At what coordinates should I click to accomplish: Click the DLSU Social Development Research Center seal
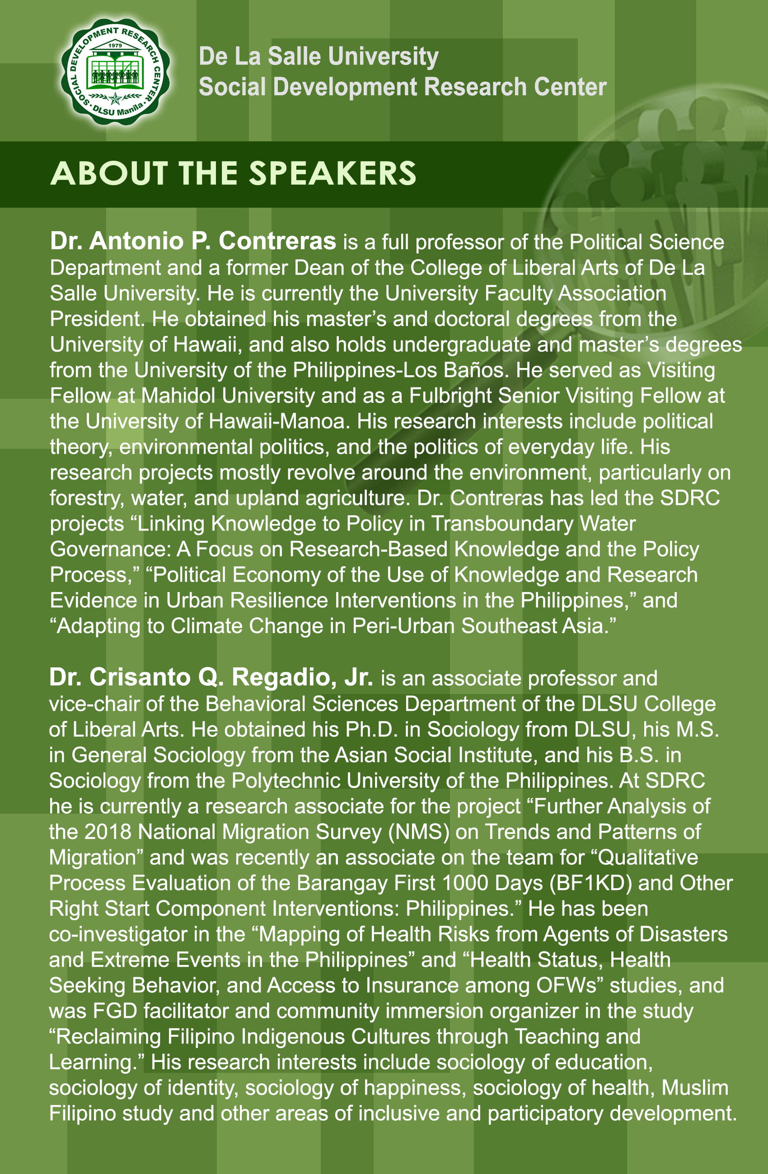[115, 72]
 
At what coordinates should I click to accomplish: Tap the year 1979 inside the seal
[115, 46]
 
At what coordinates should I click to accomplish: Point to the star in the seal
[115, 98]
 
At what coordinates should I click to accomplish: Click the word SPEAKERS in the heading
[332, 174]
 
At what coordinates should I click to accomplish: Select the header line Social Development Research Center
[402, 87]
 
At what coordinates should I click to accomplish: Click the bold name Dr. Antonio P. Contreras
[193, 241]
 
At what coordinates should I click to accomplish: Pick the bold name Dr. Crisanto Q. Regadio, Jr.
[211, 677]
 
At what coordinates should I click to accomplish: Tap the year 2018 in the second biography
[108, 832]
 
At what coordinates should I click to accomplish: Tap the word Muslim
[694, 1088]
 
